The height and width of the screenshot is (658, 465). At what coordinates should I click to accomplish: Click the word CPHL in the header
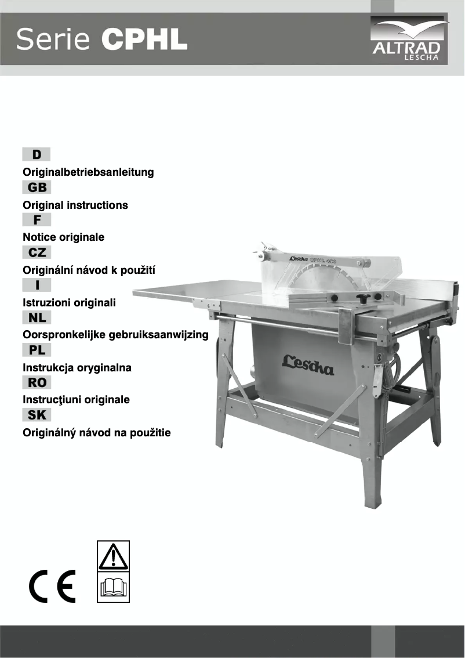[144, 39]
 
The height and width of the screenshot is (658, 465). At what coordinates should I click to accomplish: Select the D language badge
[37, 154]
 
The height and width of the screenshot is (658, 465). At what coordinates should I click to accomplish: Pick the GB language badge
[37, 187]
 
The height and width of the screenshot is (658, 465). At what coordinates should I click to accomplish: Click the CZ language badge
[37, 252]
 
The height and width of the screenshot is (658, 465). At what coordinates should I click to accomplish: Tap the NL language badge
[37, 317]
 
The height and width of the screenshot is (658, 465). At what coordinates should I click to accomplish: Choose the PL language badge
[37, 350]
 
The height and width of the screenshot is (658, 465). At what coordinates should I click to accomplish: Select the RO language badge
[37, 382]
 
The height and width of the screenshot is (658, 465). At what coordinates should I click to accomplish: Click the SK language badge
[37, 415]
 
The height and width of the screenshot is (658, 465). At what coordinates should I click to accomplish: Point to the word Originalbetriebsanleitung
[88, 172]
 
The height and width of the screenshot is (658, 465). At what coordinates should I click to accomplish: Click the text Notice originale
[63, 237]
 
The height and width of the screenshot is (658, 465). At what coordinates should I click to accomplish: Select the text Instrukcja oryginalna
[77, 368]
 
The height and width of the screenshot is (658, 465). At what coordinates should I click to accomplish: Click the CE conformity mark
[53, 588]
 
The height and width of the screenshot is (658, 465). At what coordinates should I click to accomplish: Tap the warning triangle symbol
[113, 558]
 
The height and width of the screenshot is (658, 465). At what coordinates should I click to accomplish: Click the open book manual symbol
[113, 588]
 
